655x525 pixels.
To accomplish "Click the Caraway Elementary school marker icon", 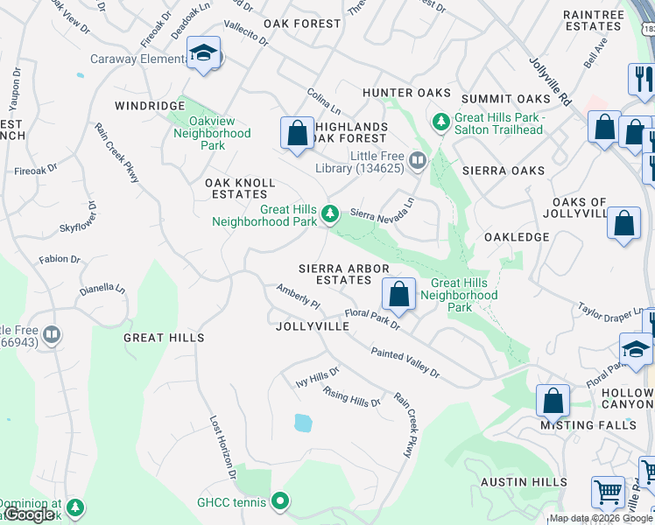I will pyautogui.click(x=204, y=55).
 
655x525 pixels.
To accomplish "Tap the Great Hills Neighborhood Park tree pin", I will pyautogui.click(x=330, y=213).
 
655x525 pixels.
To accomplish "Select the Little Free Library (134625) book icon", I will pyautogui.click(x=417, y=159).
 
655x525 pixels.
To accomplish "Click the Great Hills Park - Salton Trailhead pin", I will pyautogui.click(x=440, y=119).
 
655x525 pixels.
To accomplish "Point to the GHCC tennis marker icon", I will pyautogui.click(x=280, y=501).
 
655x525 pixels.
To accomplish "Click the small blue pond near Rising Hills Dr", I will pyautogui.click(x=303, y=423).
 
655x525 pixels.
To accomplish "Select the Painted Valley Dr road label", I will pyautogui.click(x=405, y=361).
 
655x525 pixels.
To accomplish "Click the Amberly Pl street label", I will pyautogui.click(x=299, y=297).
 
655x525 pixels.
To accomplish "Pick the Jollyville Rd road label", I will pyautogui.click(x=550, y=82).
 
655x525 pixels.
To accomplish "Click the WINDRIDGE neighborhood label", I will pyautogui.click(x=150, y=105).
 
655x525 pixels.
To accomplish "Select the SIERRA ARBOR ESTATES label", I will pyautogui.click(x=335, y=274).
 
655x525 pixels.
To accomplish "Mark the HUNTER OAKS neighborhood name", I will pyautogui.click(x=406, y=93).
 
